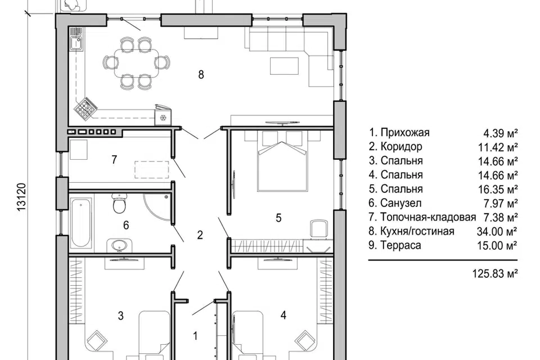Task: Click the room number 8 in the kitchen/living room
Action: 201,74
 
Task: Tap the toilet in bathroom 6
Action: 119,204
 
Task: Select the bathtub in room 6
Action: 81,223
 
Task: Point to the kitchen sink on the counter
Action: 76,44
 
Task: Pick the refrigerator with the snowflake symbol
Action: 162,115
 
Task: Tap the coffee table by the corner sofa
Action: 284,66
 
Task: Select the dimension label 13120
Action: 21,197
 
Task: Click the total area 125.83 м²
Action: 495,274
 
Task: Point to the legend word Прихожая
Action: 405,133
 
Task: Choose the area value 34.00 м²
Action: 497,232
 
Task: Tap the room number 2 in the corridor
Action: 200,235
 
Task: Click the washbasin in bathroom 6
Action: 119,245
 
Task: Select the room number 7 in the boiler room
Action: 114,160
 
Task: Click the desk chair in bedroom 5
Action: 318,228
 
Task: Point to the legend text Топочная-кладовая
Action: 428,217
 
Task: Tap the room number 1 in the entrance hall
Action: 195,336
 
